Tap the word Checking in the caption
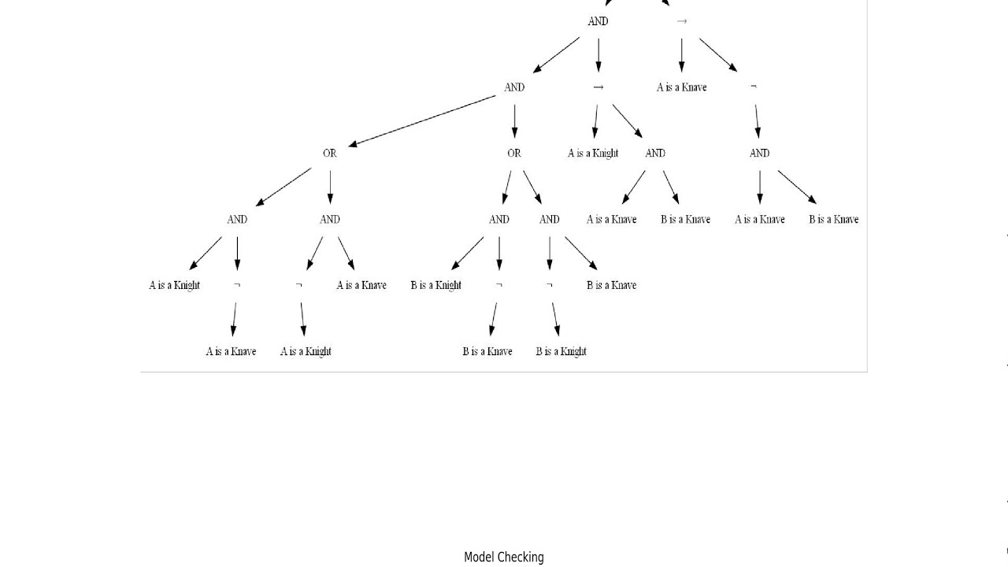click(x=522, y=558)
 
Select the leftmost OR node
click(x=330, y=154)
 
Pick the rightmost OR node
click(x=514, y=154)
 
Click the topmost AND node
click(x=598, y=21)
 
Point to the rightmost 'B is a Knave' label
click(x=833, y=220)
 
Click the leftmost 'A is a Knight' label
click(x=174, y=285)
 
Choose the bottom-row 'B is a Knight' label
click(x=561, y=351)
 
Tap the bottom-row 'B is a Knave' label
click(x=487, y=351)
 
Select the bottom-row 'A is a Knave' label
click(x=231, y=351)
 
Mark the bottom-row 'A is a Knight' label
click(x=306, y=351)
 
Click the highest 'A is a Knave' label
click(x=681, y=87)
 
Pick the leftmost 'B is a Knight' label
click(x=435, y=285)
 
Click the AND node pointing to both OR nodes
click(x=514, y=87)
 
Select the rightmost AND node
click(x=759, y=154)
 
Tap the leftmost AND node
click(x=237, y=220)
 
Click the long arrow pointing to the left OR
click(x=421, y=120)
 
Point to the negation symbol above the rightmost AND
click(x=754, y=87)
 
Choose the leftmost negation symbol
click(x=237, y=285)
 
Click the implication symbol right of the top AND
click(x=681, y=21)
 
